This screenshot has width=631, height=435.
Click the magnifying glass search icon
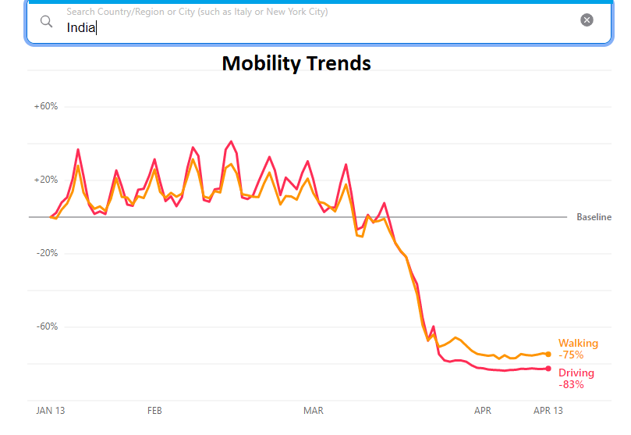coord(46,21)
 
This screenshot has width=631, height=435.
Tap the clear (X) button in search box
coord(587,20)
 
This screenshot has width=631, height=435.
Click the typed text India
coord(80,28)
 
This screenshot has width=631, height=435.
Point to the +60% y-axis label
coord(46,106)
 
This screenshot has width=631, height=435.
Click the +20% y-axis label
coord(46,180)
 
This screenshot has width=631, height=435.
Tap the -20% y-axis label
coord(46,253)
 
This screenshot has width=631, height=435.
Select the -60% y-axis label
coord(46,326)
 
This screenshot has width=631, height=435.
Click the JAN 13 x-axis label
coord(51,410)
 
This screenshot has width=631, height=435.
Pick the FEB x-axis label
coord(154,410)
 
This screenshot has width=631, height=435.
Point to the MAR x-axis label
coord(314,410)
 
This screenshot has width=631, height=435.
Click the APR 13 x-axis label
coord(548,410)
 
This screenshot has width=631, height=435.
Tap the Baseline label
coord(594,217)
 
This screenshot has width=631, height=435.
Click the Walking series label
coord(578,344)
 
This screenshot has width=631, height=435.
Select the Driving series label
coord(576,373)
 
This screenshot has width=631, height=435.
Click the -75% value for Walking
coord(571,355)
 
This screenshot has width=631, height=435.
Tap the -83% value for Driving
coord(571,384)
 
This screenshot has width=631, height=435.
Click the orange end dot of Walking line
coord(548,354)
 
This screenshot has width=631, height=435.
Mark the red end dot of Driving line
coord(548,369)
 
